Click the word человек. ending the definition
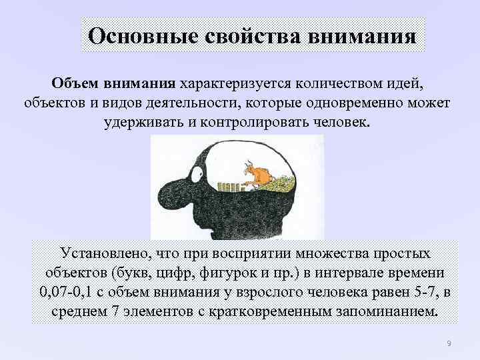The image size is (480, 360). tap(339, 124)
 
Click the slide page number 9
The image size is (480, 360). tap(449, 343)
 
